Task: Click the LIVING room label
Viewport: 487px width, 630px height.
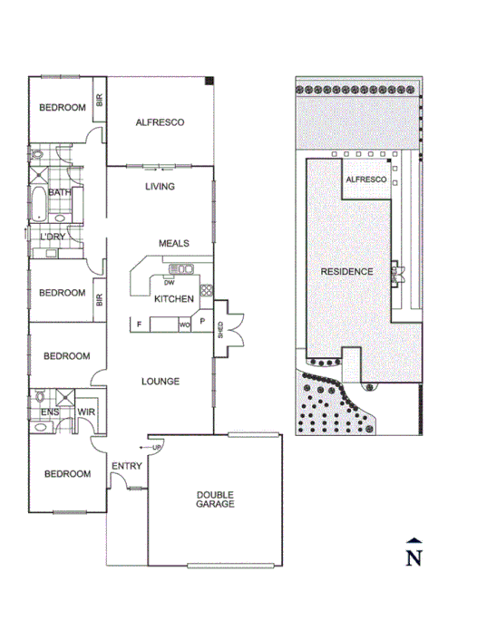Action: (x=161, y=187)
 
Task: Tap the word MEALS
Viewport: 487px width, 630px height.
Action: (x=173, y=243)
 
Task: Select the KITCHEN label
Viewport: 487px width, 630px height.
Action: (x=173, y=299)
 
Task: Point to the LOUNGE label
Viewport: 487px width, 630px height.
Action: (x=161, y=382)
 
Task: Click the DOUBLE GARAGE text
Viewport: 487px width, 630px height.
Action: (x=216, y=499)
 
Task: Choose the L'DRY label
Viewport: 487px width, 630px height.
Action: (x=52, y=237)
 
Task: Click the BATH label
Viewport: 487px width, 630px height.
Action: (x=60, y=192)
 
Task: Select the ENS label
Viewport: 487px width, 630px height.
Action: (x=50, y=412)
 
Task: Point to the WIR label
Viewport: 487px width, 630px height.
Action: (x=87, y=412)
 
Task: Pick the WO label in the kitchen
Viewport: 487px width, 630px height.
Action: (x=183, y=324)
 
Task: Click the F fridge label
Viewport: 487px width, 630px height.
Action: (x=139, y=324)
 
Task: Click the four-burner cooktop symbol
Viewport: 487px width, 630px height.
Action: (x=206, y=290)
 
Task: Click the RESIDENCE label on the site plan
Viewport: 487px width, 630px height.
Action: (x=346, y=272)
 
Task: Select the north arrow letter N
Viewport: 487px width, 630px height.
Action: (x=414, y=557)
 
